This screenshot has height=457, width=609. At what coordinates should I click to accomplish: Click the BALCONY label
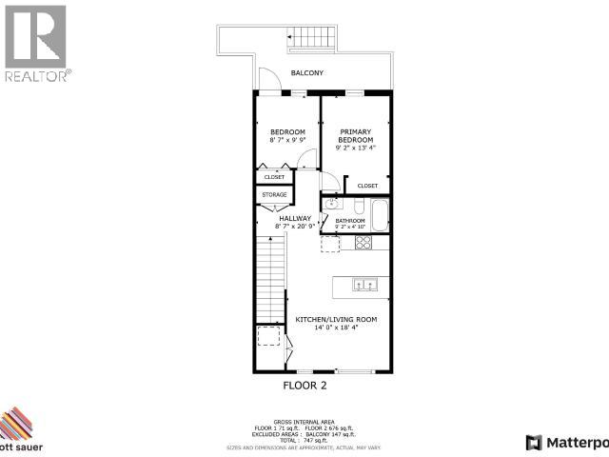click(307, 73)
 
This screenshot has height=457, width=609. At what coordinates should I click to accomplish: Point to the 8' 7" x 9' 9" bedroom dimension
click(286, 140)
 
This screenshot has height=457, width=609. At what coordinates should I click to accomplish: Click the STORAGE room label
click(274, 195)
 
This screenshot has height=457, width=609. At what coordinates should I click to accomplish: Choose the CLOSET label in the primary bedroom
click(368, 186)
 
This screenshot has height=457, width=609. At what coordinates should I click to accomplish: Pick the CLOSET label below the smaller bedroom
click(274, 177)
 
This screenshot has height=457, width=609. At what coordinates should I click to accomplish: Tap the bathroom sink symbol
click(332, 205)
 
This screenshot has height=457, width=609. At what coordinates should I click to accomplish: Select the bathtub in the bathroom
click(379, 215)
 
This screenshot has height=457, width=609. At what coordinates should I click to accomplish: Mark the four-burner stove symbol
click(363, 243)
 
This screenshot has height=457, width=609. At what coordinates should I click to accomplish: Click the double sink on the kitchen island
click(364, 284)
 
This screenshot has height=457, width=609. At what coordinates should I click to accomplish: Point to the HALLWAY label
click(294, 218)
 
